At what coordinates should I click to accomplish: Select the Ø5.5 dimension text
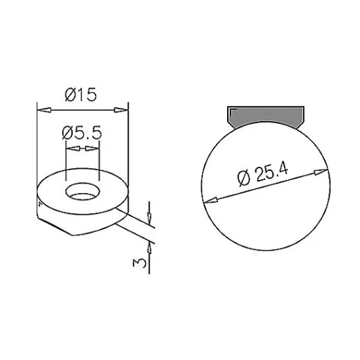click(x=82, y=132)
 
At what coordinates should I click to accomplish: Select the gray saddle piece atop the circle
click(x=266, y=117)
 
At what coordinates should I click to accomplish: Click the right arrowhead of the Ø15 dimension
click(x=124, y=108)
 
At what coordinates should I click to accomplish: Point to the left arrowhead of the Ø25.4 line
click(x=207, y=201)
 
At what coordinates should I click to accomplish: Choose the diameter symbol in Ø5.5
click(x=68, y=132)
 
